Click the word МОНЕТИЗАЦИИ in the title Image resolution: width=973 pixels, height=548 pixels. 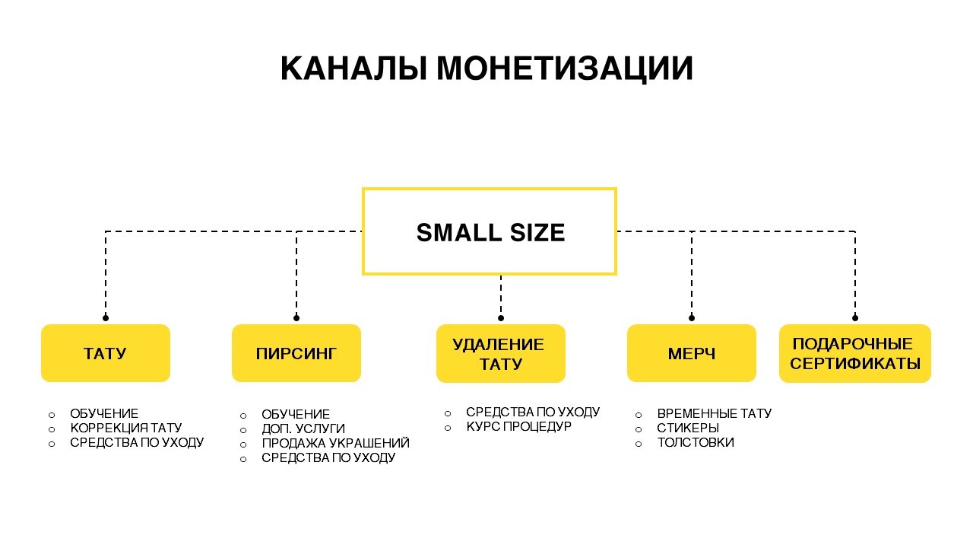564,68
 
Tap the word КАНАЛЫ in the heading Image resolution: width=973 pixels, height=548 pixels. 353,68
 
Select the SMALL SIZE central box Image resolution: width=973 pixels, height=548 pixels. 490,231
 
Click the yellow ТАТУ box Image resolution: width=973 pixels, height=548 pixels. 106,353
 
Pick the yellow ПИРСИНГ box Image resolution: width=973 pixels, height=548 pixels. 296,353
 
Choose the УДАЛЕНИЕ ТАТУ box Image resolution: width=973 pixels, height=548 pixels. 501,354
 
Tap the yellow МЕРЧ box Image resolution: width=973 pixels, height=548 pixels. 692,353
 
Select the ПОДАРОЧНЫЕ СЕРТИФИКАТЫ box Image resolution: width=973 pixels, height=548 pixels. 855,354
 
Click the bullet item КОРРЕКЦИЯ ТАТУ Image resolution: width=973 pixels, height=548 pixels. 126,428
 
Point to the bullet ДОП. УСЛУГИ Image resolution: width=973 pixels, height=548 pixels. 303,429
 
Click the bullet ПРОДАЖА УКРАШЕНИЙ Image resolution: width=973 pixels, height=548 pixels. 335,443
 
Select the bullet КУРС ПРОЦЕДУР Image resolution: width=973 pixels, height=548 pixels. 518,427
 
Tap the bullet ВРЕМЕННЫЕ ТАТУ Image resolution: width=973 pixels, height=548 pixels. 714,413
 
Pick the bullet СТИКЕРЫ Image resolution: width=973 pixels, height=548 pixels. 688,428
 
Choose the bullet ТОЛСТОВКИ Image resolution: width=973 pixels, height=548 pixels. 696,442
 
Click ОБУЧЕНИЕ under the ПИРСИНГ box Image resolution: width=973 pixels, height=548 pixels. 296,414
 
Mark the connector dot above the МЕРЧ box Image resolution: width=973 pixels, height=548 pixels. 692,318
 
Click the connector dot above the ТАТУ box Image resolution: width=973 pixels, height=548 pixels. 106,318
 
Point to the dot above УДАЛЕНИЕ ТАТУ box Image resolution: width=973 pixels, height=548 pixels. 501,318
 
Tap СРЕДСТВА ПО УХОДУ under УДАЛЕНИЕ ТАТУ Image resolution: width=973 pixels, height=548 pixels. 533,412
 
